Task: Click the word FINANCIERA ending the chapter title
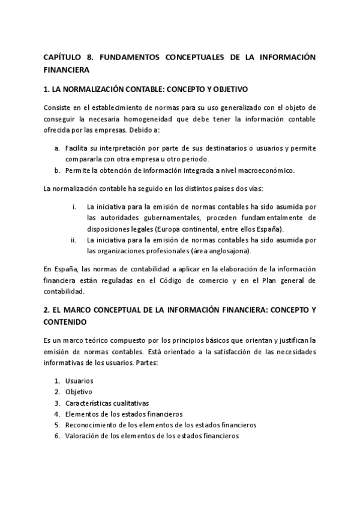pyautogui.click(x=67, y=70)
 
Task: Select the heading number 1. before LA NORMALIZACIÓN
pyautogui.click(x=47, y=89)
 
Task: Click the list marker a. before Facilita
pyautogui.click(x=56, y=148)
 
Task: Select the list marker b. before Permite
pyautogui.click(x=56, y=170)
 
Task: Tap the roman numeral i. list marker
pyautogui.click(x=74, y=206)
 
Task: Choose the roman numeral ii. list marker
pyautogui.click(x=73, y=240)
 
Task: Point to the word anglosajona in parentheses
pyautogui.click(x=225, y=251)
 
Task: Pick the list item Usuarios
pyautogui.click(x=79, y=381)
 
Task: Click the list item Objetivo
pyautogui.click(x=79, y=392)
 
